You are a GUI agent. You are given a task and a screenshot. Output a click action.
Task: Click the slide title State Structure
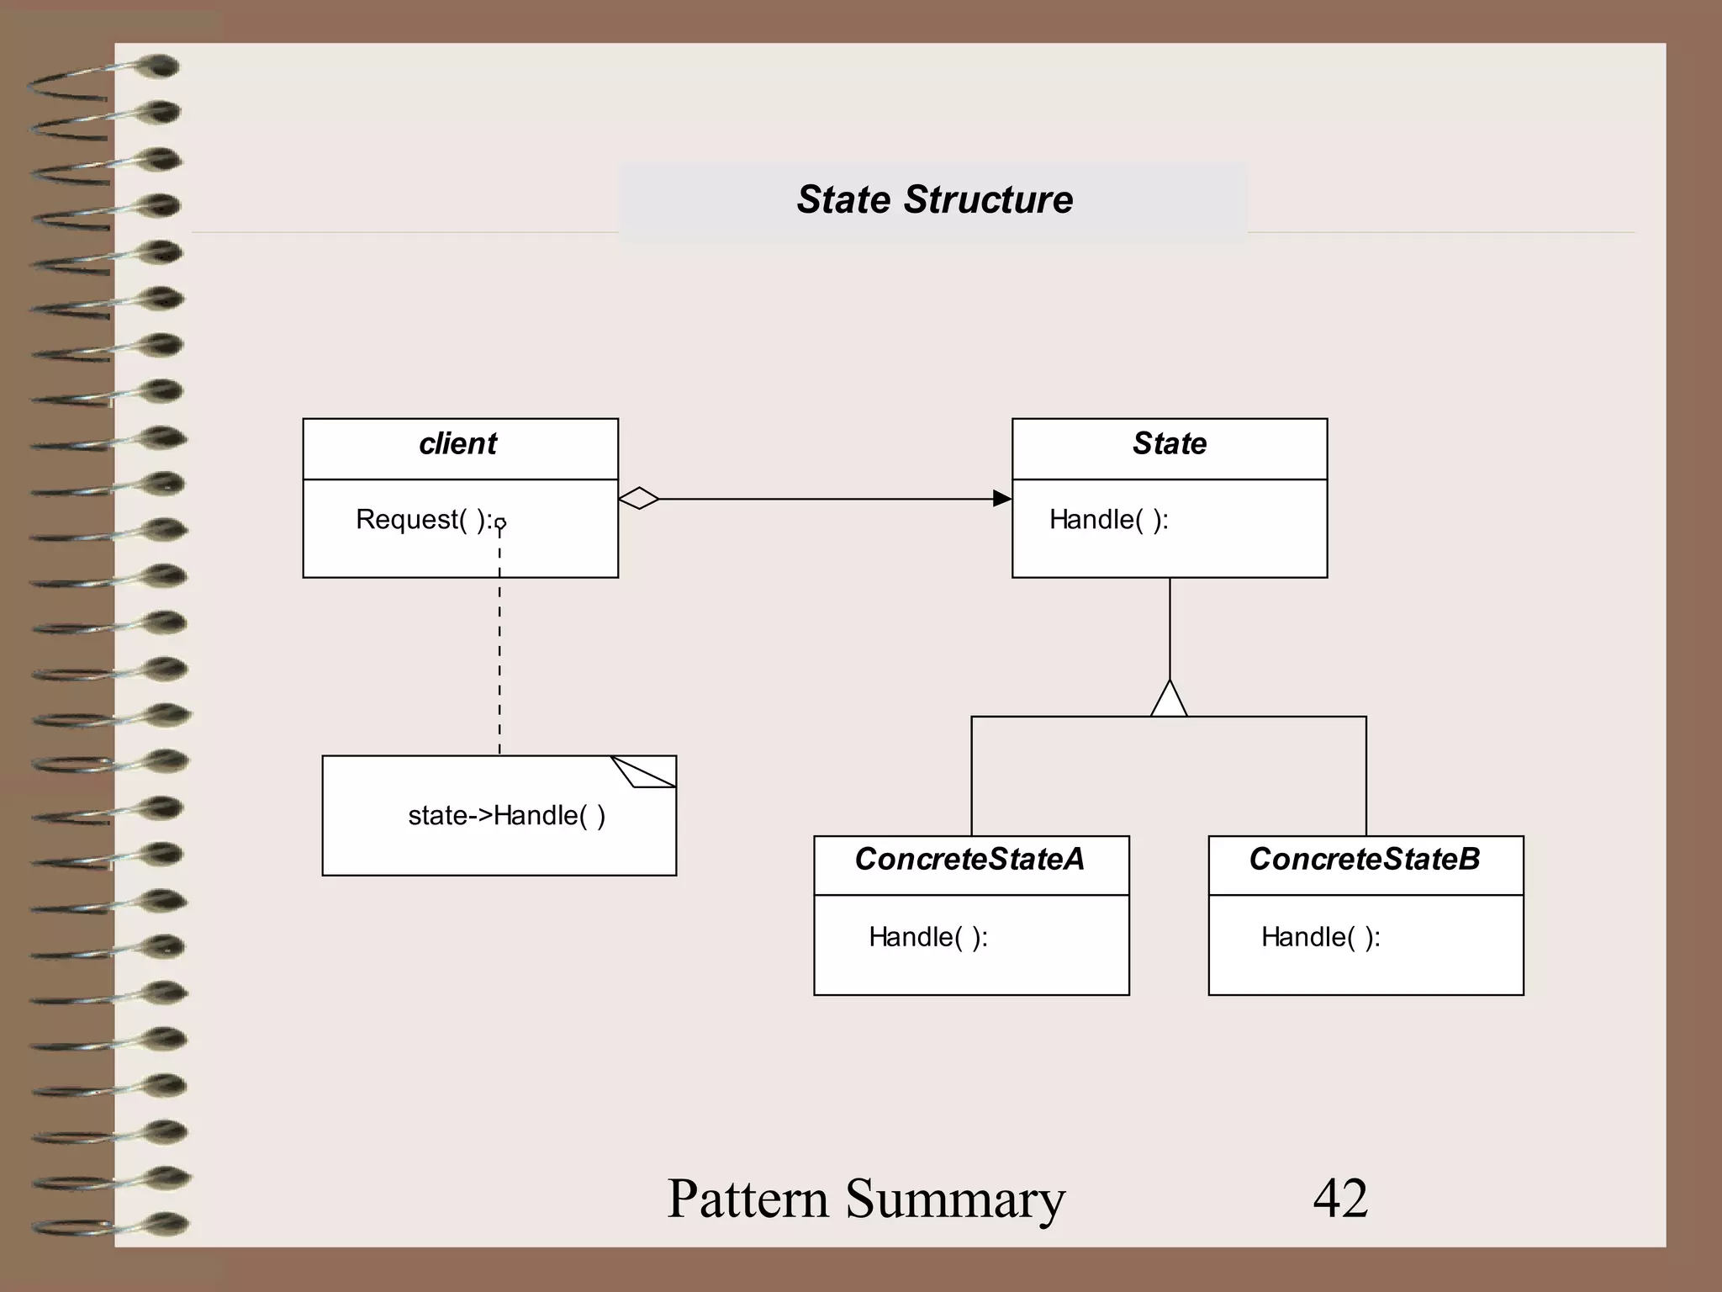[x=934, y=200]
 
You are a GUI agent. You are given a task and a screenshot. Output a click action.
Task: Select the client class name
[x=458, y=444]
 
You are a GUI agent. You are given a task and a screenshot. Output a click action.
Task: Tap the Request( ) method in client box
[x=423, y=520]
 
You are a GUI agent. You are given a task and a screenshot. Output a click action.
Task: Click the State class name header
[x=1169, y=444]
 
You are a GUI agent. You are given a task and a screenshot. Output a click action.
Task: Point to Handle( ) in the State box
[x=1108, y=520]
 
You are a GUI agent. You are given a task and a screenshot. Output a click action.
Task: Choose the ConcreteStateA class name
[x=969, y=860]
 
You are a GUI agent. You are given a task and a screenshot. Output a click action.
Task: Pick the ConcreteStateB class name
[x=1364, y=860]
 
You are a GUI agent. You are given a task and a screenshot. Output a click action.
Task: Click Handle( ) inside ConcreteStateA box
[x=927, y=937]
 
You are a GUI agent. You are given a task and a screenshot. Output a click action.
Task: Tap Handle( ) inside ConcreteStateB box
[x=1320, y=937]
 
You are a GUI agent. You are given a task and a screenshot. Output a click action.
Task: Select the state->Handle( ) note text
[x=506, y=816]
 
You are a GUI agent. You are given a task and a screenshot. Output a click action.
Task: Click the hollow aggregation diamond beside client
[x=639, y=499]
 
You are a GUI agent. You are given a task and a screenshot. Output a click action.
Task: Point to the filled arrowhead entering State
[x=1001, y=499]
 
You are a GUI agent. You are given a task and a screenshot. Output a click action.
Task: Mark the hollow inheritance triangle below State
[x=1169, y=700]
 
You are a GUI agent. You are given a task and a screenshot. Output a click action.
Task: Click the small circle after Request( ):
[x=500, y=524]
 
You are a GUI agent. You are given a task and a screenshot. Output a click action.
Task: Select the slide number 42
[x=1340, y=1198]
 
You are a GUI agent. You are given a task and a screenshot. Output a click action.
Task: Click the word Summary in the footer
[x=955, y=1198]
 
